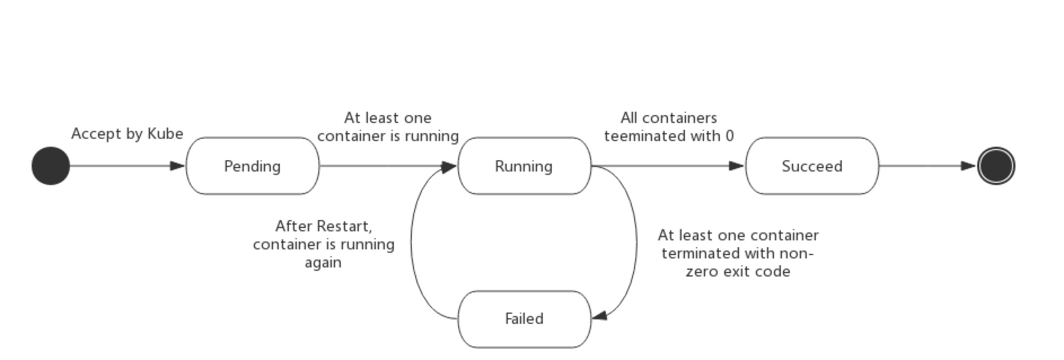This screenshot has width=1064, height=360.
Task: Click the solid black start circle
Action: (x=51, y=166)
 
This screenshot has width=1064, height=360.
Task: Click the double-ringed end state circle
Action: (x=996, y=166)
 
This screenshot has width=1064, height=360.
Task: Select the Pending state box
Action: (x=252, y=166)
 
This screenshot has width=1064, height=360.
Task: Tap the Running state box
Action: (x=524, y=166)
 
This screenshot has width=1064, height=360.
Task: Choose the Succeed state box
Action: (x=812, y=166)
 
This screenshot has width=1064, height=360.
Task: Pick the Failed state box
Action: (x=524, y=319)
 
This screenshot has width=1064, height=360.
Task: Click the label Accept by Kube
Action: (x=127, y=134)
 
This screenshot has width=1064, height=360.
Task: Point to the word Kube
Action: (x=165, y=134)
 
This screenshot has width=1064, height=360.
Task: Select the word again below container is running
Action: (x=323, y=262)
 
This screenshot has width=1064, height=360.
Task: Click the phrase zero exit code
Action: (x=738, y=271)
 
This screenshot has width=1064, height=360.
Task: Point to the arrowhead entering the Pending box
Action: (x=177, y=166)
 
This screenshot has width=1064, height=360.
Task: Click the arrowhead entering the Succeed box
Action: (x=736, y=166)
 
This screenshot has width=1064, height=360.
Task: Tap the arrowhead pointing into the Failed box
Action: (x=600, y=315)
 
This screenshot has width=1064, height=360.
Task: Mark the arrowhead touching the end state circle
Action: (x=969, y=166)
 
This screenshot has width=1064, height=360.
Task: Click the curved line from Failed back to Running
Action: (x=411, y=243)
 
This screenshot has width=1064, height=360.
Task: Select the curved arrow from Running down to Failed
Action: (x=636, y=243)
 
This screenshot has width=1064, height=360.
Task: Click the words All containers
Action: (x=669, y=118)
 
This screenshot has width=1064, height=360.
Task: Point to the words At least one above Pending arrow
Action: (x=388, y=118)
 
